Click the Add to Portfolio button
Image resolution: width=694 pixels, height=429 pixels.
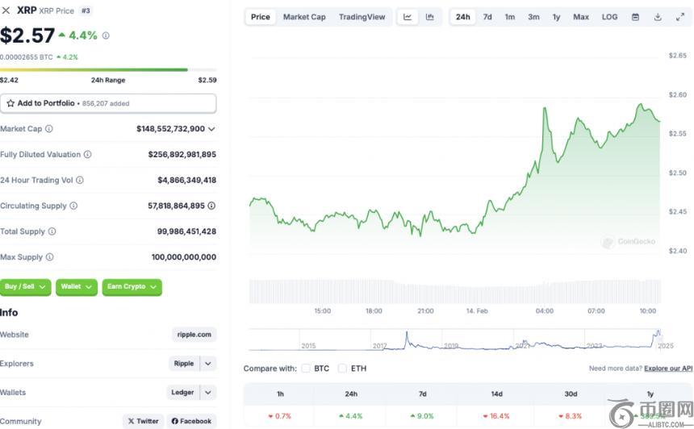(x=108, y=103)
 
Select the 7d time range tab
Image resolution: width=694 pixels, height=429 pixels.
(x=487, y=17)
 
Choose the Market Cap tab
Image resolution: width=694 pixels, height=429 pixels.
(x=304, y=17)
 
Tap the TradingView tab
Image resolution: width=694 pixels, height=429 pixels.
(x=362, y=17)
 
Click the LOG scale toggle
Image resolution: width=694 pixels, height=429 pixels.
(x=609, y=17)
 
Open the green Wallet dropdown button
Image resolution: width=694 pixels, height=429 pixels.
(x=77, y=286)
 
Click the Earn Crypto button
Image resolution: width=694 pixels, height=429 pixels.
(x=132, y=286)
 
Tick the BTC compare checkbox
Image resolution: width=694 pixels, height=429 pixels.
(x=306, y=369)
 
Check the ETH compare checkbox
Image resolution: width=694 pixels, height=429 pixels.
(x=343, y=369)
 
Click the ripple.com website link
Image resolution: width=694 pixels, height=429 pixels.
(x=194, y=335)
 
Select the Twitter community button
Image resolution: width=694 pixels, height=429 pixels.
(x=144, y=421)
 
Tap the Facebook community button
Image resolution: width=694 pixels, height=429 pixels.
(x=191, y=421)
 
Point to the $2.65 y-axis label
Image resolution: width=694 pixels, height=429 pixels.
(x=677, y=56)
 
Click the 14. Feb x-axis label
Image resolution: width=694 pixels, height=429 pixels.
(x=477, y=310)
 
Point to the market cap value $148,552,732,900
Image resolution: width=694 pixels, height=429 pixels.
(x=170, y=129)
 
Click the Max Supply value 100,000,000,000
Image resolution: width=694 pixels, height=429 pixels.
(x=183, y=257)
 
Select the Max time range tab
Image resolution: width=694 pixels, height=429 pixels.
(x=581, y=17)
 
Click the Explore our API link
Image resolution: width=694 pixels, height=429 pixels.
(x=668, y=369)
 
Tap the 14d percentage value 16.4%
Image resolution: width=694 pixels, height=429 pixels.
(x=500, y=416)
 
